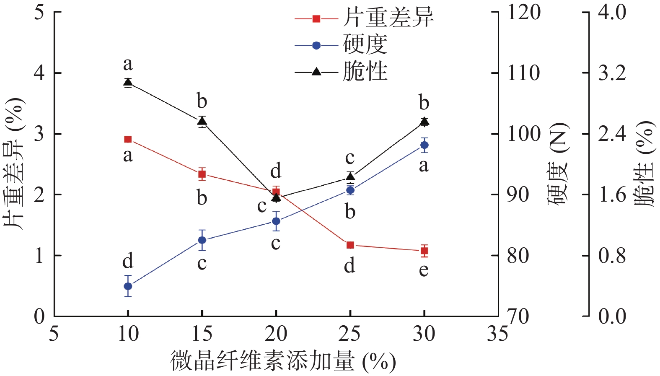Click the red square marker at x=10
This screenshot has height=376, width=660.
(128, 139)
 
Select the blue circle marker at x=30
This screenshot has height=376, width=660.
(424, 145)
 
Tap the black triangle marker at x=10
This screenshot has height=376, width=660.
(128, 82)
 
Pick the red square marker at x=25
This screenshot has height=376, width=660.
(350, 245)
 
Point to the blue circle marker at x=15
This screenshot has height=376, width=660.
(202, 240)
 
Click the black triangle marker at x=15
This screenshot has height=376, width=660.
(202, 121)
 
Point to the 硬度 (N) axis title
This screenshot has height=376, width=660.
(558, 163)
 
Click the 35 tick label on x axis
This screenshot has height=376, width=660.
(497, 334)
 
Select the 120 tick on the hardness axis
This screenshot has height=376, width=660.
(523, 13)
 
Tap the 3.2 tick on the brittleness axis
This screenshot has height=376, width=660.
(612, 73)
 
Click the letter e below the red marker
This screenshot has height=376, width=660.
(424, 270)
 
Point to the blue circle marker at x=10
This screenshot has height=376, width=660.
(128, 286)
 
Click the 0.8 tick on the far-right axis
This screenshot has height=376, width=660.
(612, 256)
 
